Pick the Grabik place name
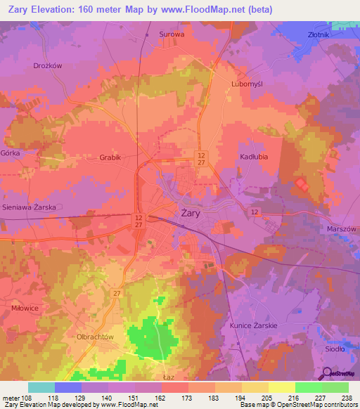111,158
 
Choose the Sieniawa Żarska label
35,208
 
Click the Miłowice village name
25,307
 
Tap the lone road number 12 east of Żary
253,212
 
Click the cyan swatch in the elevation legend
41,387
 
